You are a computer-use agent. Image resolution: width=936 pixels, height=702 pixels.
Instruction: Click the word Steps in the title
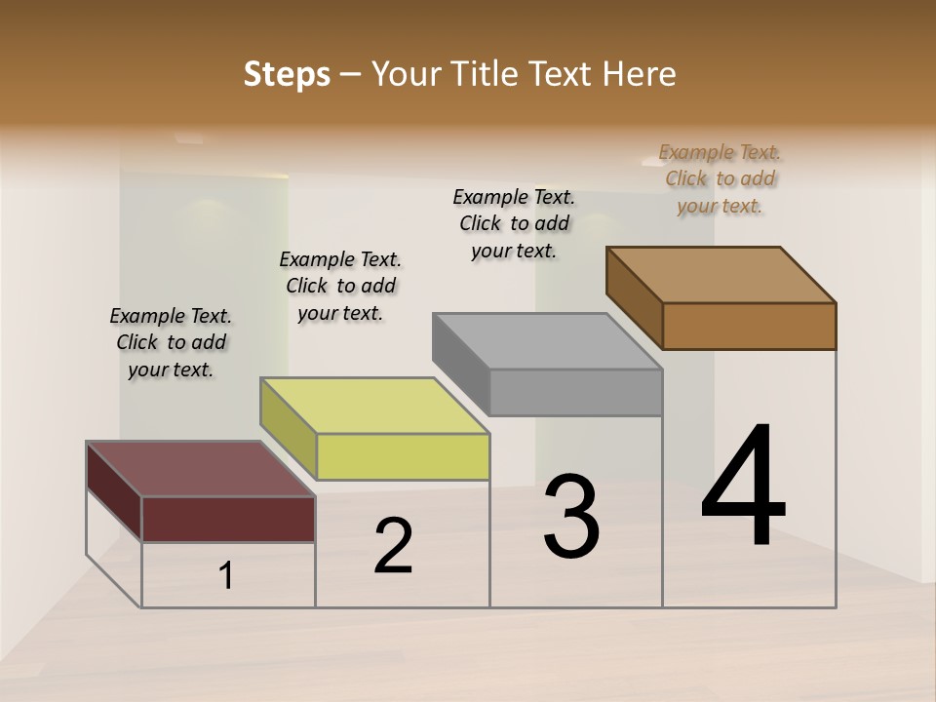click(x=286, y=75)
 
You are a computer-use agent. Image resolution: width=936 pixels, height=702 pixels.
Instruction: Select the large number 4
click(x=744, y=487)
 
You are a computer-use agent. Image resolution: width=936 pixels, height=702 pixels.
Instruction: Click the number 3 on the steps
click(x=571, y=517)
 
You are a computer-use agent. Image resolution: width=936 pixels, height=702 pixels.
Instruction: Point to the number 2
click(x=393, y=546)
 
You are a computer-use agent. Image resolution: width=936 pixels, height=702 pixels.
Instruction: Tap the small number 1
click(x=226, y=576)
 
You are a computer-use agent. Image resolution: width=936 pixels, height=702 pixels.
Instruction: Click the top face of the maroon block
click(x=201, y=469)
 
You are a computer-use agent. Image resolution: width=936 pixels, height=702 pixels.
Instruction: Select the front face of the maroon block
click(x=228, y=519)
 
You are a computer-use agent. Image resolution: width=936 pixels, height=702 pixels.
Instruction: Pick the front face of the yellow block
click(x=403, y=456)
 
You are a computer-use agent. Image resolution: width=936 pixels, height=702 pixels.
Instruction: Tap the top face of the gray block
click(x=548, y=341)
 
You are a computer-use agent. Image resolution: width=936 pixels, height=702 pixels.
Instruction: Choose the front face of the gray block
click(x=575, y=392)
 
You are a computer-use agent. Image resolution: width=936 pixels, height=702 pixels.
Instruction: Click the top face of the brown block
click(x=721, y=274)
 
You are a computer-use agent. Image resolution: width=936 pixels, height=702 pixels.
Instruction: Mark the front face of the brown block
click(x=749, y=326)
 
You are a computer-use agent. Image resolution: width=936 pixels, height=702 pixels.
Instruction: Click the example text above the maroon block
click(x=171, y=342)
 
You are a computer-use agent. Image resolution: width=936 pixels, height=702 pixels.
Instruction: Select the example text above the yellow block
click(x=340, y=286)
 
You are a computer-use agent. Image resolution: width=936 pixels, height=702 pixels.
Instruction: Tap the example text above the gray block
click(x=514, y=223)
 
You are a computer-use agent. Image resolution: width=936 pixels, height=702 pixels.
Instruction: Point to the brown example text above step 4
click(x=720, y=178)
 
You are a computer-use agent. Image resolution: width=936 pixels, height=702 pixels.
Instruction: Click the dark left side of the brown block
click(x=634, y=297)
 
